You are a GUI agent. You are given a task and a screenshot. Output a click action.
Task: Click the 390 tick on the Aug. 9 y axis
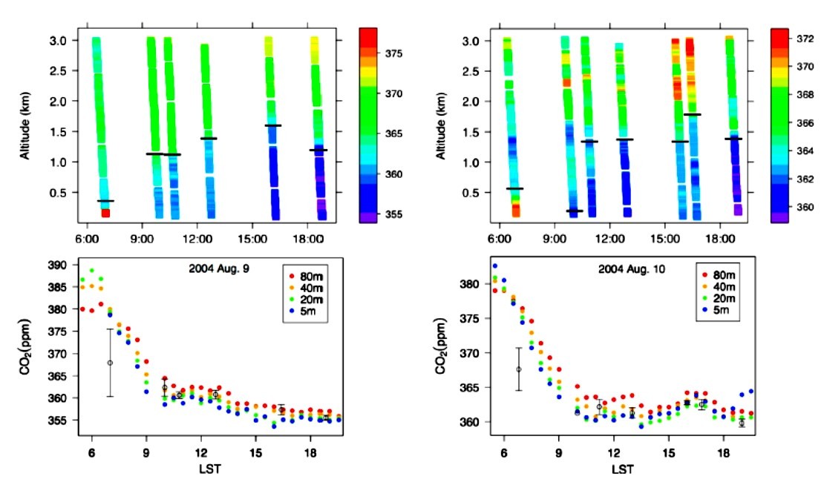pos(59,265)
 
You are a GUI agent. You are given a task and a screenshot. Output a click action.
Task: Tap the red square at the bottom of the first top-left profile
pos(105,213)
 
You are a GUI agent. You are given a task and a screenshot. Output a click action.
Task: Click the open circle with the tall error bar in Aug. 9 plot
pos(110,363)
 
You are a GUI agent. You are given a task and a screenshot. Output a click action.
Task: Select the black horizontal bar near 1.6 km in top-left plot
pos(272,125)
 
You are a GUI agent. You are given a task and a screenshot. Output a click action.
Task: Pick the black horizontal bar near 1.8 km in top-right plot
pos(692,114)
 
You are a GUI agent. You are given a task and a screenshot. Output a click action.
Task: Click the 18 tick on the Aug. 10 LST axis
pos(723,455)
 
